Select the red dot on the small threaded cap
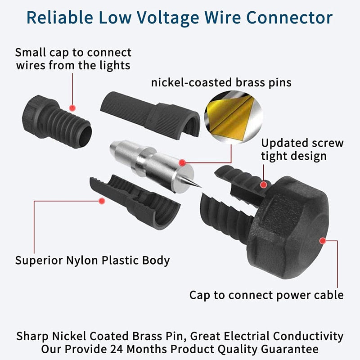point(72,108)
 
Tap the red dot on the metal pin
point(182,162)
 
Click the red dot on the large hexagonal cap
point(322,241)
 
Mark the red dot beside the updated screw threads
point(264,183)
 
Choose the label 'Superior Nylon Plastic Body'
point(92,260)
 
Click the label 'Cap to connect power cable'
point(266,295)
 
